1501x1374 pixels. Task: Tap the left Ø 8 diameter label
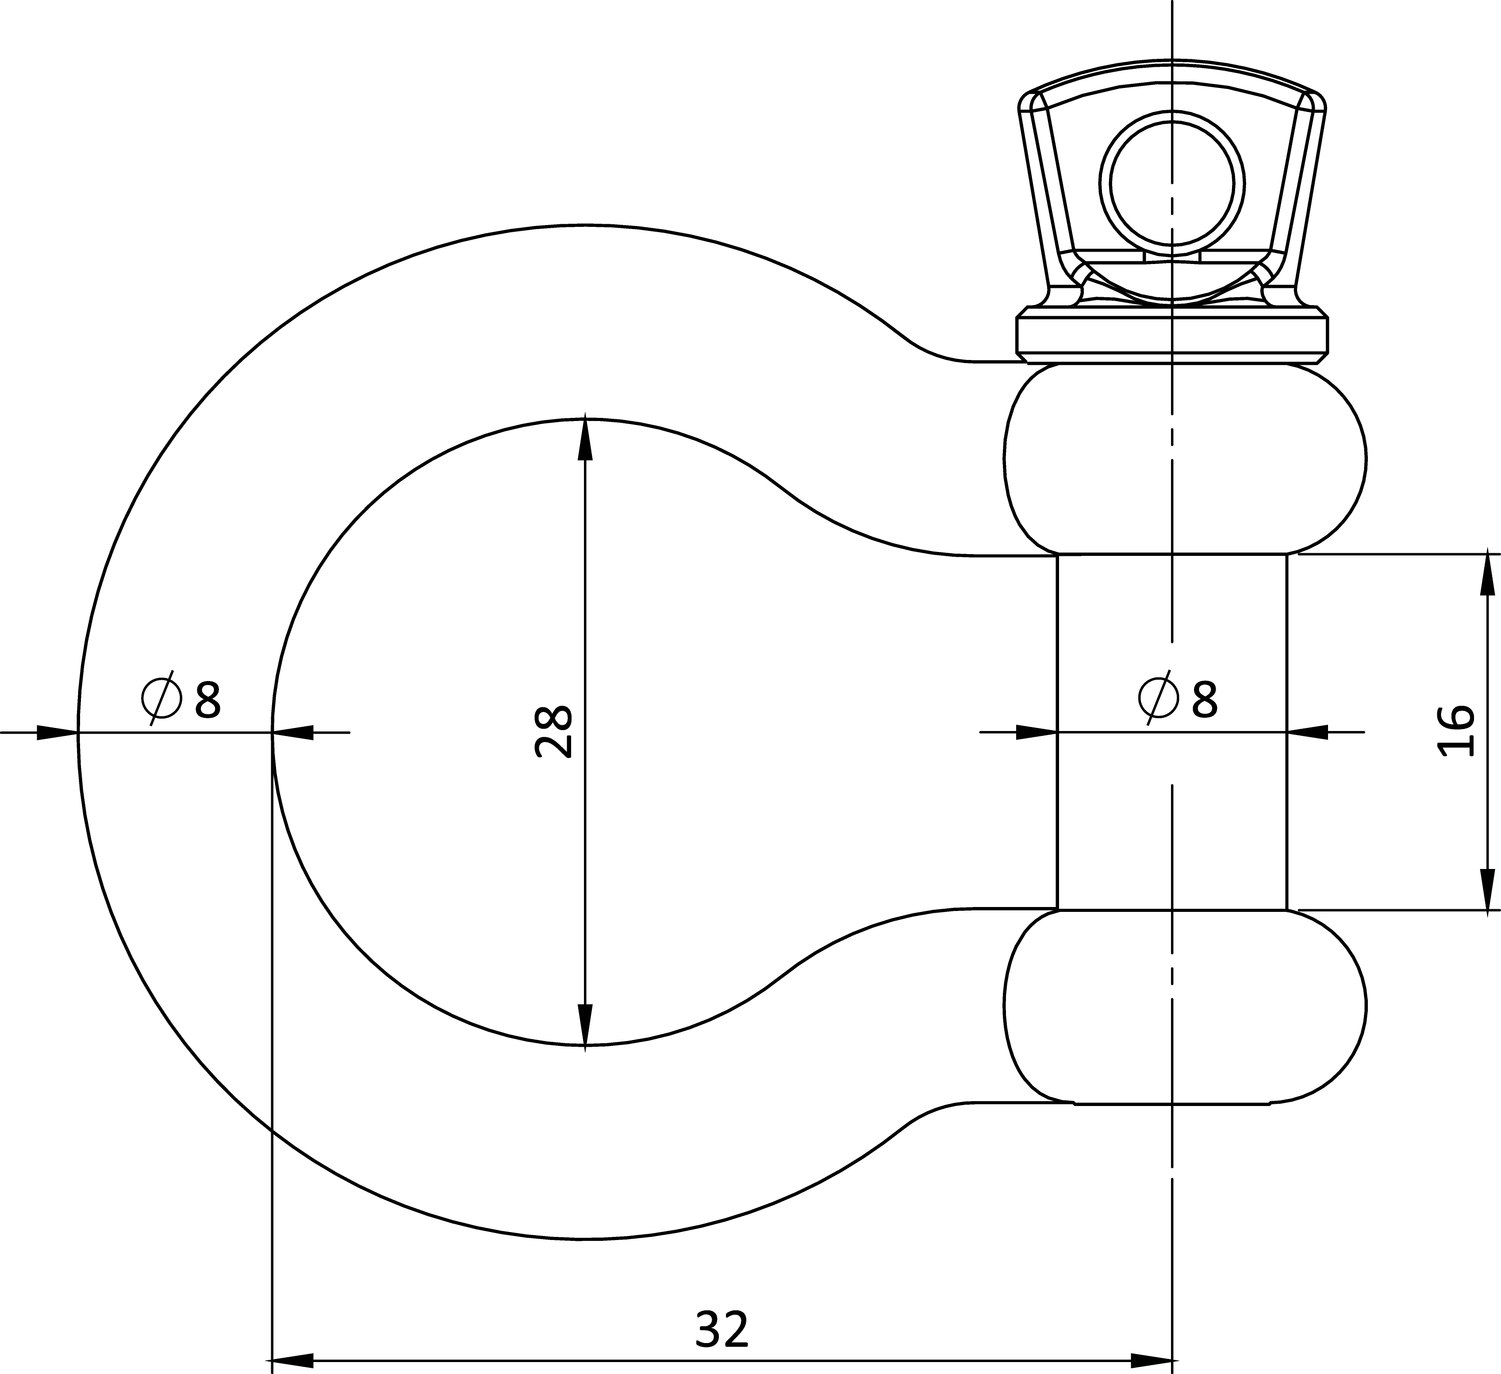pyautogui.click(x=181, y=697)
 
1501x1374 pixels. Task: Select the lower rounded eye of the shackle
pyautogui.click(x=1185, y=1007)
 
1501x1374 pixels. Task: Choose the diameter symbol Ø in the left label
pyautogui.click(x=161, y=697)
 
